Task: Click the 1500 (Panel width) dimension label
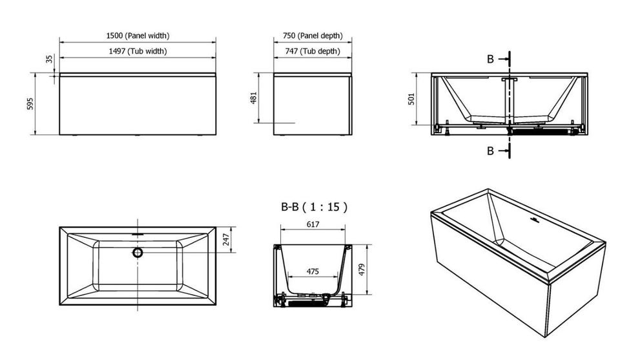(x=138, y=36)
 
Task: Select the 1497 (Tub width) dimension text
(x=138, y=51)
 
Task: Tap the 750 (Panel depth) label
(x=313, y=36)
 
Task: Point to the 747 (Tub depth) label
(x=313, y=51)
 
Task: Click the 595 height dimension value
(x=30, y=103)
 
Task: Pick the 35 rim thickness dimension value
(x=49, y=59)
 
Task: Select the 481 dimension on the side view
(x=253, y=98)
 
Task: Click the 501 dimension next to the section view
(x=411, y=99)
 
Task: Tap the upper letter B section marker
(x=490, y=59)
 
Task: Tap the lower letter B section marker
(x=490, y=151)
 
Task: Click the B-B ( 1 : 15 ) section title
(x=314, y=207)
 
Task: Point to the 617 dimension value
(x=313, y=224)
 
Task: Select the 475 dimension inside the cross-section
(x=313, y=271)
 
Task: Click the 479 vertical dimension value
(x=362, y=270)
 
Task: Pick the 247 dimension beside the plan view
(x=226, y=239)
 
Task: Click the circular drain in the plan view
(x=138, y=253)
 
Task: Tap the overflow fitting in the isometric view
(x=534, y=219)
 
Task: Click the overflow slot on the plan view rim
(x=138, y=234)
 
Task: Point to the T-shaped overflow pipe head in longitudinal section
(x=510, y=80)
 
